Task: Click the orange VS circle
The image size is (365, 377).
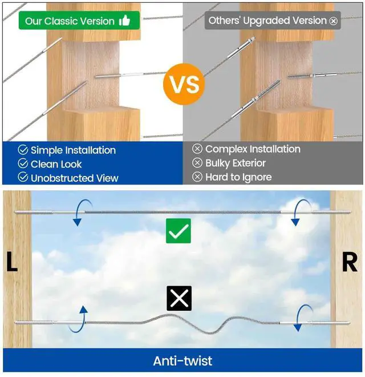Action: (x=184, y=84)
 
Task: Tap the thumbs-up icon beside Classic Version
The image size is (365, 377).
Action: (x=124, y=21)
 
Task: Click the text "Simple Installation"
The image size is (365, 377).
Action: (x=73, y=150)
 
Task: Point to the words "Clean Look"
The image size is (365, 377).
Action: (x=56, y=164)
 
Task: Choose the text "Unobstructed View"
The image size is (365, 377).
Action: (x=75, y=178)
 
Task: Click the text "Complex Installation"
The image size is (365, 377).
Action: (x=253, y=149)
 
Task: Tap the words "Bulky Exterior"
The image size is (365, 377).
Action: (x=236, y=163)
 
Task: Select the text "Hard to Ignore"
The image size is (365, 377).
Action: (x=238, y=177)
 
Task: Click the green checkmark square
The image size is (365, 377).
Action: (x=179, y=231)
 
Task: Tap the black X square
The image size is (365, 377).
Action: (x=179, y=299)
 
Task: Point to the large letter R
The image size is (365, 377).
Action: (x=349, y=263)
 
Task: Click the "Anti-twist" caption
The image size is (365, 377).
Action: (x=182, y=360)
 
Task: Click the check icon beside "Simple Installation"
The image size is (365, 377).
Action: (x=23, y=150)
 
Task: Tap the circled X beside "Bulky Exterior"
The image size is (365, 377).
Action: (x=197, y=163)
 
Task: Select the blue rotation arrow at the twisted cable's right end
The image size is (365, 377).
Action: (x=302, y=318)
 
